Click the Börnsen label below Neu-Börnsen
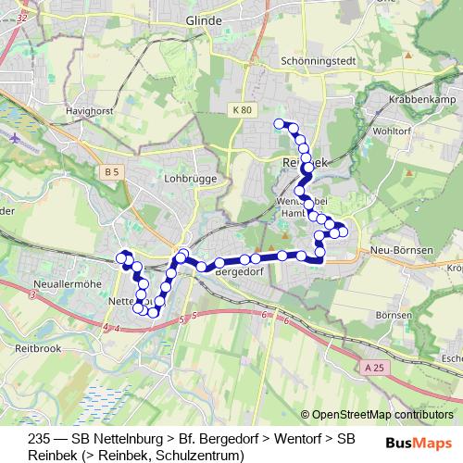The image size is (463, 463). [394, 315]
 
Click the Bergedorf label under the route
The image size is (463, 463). [240, 273]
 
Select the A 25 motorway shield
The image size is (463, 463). [374, 367]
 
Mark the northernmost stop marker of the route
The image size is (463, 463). [278, 123]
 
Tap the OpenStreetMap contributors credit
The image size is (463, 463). [382, 415]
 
